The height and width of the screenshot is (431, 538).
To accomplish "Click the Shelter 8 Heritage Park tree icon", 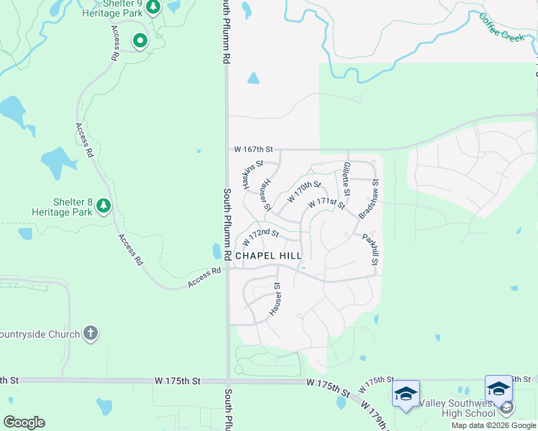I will (x=104, y=207).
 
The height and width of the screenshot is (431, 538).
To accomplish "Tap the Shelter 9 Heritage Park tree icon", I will (x=152, y=7).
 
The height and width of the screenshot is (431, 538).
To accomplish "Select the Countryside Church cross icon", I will (x=91, y=333).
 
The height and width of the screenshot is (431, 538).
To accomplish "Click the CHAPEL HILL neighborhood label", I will (x=268, y=256).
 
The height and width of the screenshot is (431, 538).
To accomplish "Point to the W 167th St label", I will (x=254, y=149).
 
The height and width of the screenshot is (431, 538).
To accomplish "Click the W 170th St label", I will (x=304, y=192).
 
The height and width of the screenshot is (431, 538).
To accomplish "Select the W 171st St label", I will (x=327, y=203).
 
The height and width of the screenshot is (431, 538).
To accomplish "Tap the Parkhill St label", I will (x=369, y=249).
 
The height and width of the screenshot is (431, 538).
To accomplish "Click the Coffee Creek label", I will (x=501, y=27).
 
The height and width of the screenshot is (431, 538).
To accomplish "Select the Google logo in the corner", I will (x=24, y=422).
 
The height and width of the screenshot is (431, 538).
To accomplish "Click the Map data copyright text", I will (x=493, y=425).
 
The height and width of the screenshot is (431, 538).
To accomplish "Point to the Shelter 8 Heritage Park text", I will (x=62, y=207).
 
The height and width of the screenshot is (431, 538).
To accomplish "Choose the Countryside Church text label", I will (x=40, y=334).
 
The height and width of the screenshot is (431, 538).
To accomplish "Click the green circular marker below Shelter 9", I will (x=140, y=41).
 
